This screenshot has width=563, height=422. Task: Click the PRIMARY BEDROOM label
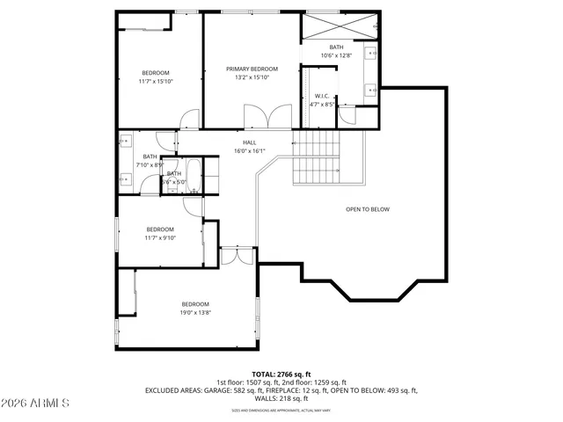pos(252,69)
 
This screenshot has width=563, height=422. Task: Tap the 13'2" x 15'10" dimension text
pos(252,77)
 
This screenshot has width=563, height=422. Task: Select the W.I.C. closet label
pos(321,96)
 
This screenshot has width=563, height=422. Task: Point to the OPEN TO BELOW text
pos(367,209)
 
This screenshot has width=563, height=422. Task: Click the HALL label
pos(250,142)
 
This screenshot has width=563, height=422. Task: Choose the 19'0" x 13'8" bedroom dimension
pos(195,312)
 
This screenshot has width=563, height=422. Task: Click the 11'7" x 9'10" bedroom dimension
pos(160,237)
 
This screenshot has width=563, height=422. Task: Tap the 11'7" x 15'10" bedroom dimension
pos(156,81)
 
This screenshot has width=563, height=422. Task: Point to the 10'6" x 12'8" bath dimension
pos(336,55)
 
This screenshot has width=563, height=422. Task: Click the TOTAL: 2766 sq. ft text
pos(281,375)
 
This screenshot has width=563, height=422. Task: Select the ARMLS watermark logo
pos(35,403)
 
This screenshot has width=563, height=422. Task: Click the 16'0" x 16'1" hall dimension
pos(250,151)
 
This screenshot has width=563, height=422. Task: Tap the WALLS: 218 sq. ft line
pos(281,398)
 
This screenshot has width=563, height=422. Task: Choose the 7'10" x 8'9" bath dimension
pos(150,164)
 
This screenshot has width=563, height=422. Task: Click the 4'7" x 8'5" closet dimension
pos(322,105)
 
